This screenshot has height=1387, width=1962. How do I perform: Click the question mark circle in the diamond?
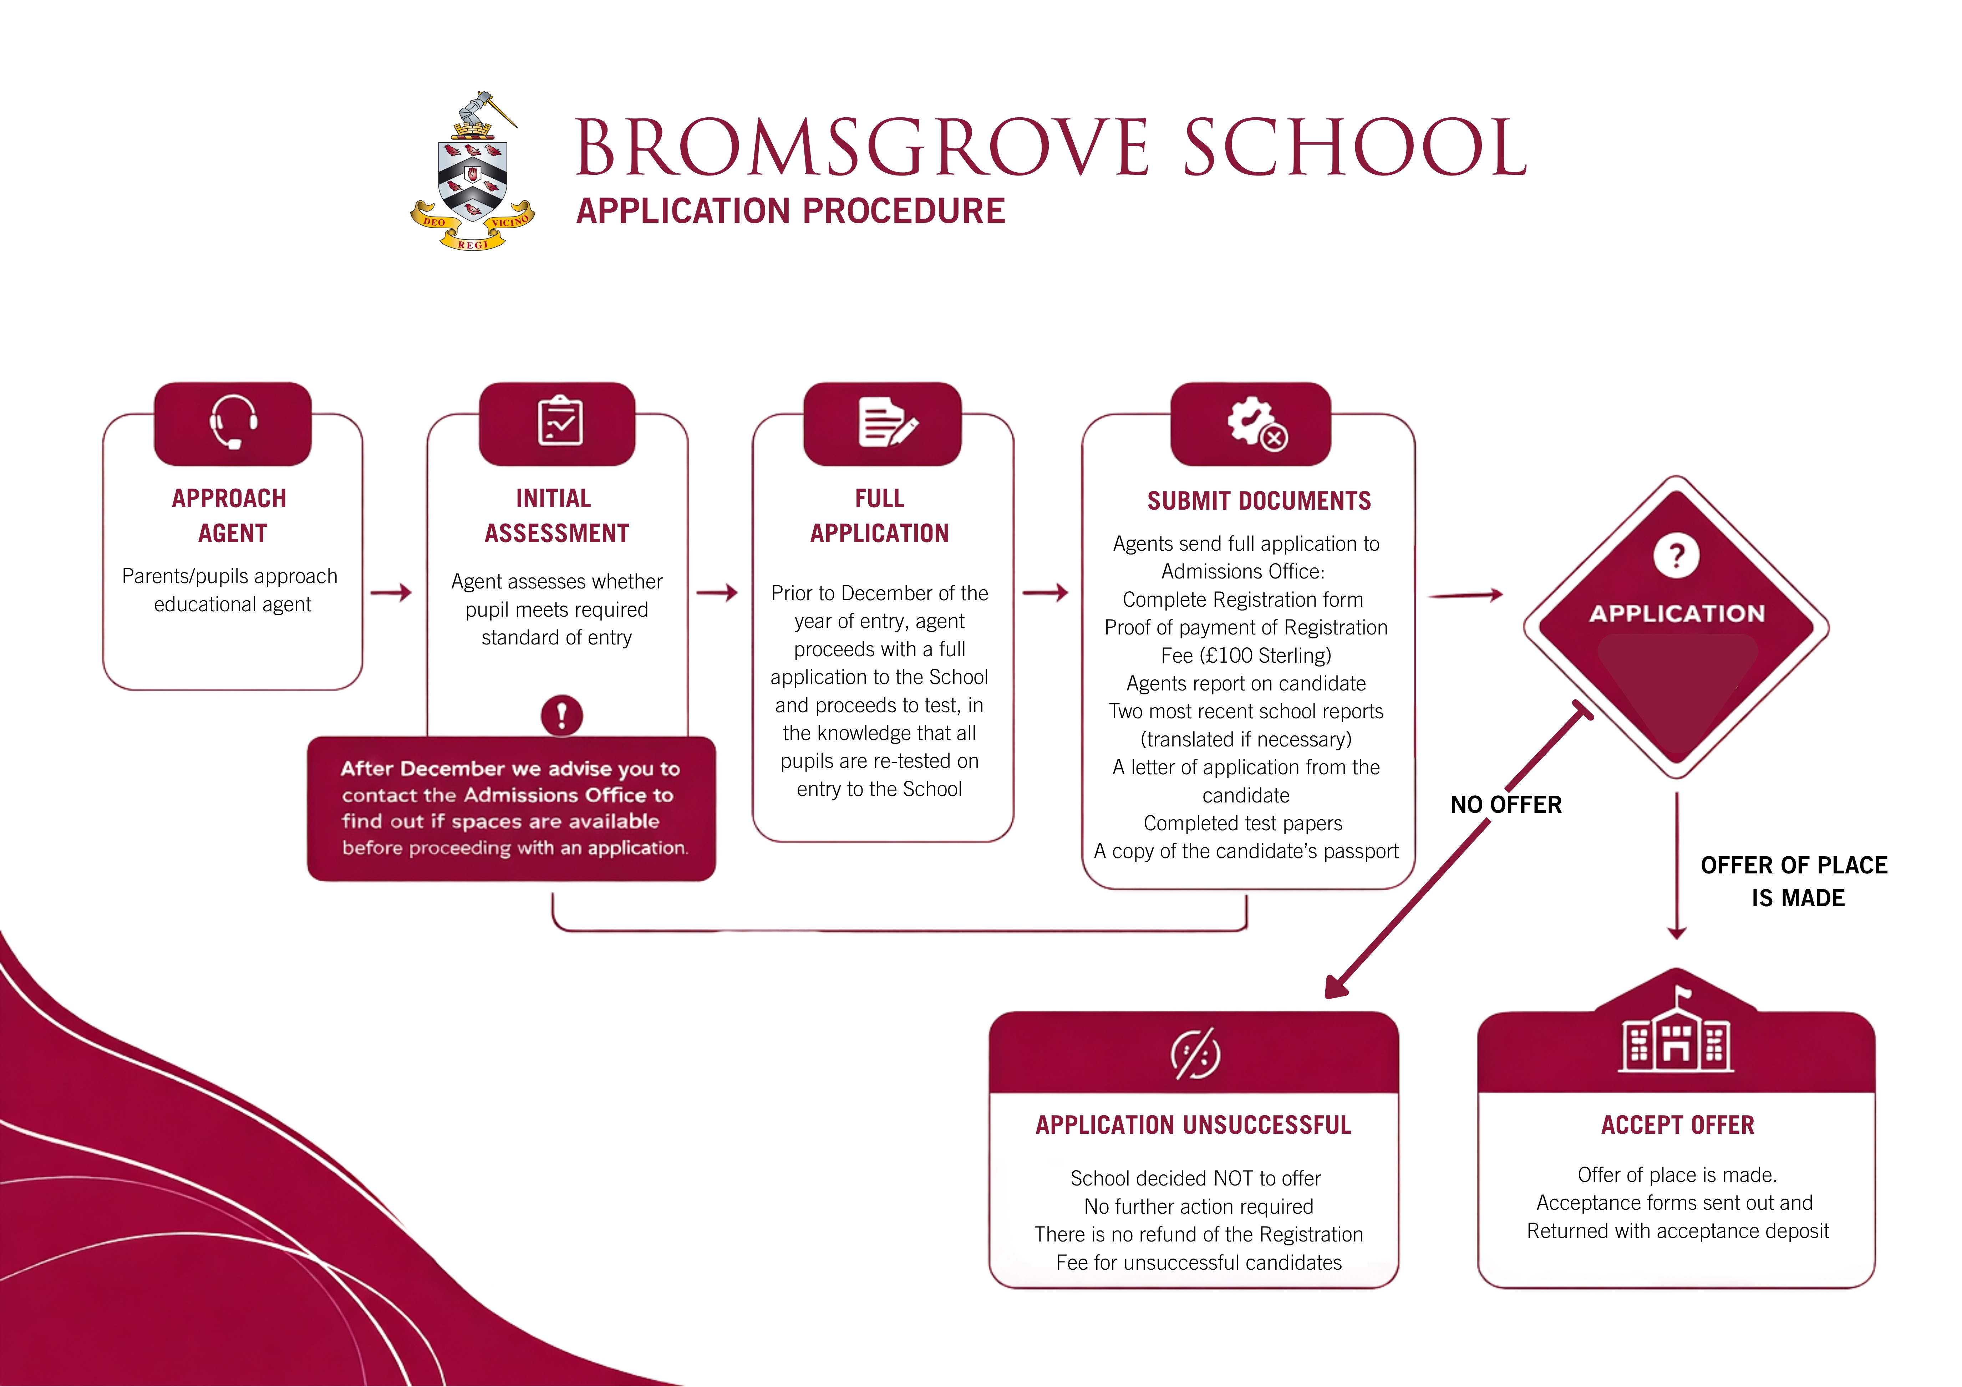tap(1676, 556)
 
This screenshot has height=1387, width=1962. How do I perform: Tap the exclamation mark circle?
tap(561, 714)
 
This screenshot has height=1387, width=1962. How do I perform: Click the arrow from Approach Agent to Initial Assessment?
tap(391, 592)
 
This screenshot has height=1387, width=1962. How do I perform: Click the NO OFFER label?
tap(1506, 804)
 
